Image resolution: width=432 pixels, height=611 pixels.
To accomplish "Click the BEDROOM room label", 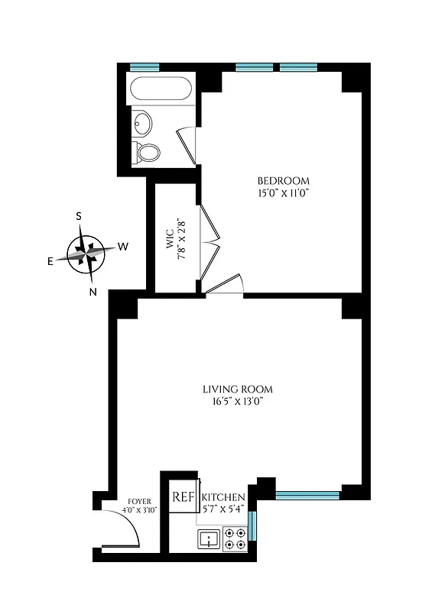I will [284, 181].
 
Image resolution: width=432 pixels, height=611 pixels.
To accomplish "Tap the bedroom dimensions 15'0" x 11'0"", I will [284, 193].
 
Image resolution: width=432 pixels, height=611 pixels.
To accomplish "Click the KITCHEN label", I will [223, 497].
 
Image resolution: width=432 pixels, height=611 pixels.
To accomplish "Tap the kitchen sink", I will [208, 539].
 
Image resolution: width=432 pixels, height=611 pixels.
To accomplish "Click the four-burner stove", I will [235, 538].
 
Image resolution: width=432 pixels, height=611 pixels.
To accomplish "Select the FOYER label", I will [139, 501].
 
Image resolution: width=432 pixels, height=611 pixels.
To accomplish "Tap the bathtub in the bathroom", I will [160, 90].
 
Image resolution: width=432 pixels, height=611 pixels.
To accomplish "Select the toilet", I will [145, 152].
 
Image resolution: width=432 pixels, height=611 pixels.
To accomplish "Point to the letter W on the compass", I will [122, 247].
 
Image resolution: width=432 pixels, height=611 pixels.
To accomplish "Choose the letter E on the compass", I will [50, 261].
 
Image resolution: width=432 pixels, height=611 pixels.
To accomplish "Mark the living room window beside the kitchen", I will [307, 495].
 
